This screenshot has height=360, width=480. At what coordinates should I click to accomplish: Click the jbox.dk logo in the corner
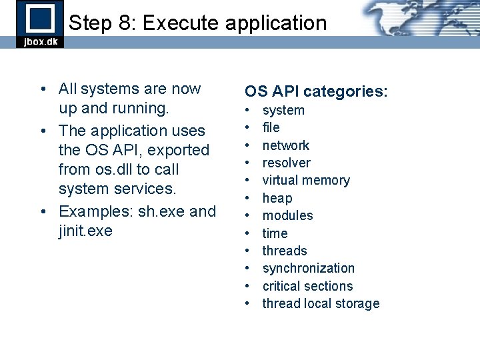click(40, 24)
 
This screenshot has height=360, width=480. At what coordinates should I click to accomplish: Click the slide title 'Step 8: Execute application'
click(198, 23)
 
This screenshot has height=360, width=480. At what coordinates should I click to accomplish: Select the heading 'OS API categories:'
click(316, 91)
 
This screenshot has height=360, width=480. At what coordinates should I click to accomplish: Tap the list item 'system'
click(283, 110)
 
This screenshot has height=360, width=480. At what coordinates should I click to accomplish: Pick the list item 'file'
click(271, 127)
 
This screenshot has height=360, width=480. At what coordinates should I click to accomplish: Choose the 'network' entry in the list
click(286, 145)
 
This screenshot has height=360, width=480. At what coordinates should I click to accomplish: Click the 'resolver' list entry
click(287, 163)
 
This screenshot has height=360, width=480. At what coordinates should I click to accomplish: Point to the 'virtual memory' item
click(306, 180)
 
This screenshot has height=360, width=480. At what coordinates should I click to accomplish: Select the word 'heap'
click(277, 198)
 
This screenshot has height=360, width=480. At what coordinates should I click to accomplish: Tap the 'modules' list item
click(287, 215)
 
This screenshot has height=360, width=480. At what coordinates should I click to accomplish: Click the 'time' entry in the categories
click(275, 233)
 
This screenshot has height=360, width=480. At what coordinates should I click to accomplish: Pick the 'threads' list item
click(285, 251)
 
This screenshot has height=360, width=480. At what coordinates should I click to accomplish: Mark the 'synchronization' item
click(309, 268)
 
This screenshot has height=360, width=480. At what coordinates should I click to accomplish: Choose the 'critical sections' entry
click(307, 286)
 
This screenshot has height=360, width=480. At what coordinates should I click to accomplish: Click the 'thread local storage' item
click(321, 303)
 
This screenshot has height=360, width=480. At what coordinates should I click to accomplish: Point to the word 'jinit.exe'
click(86, 231)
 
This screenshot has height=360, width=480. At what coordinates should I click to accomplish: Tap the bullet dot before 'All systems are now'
click(43, 89)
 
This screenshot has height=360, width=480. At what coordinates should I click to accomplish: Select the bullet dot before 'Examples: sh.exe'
click(43, 212)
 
